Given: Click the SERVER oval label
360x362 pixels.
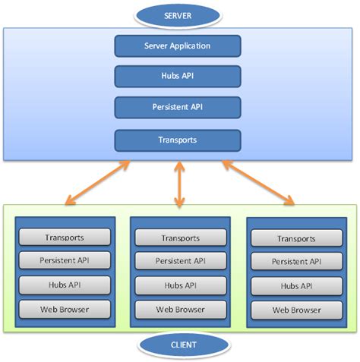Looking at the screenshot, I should click(178, 14).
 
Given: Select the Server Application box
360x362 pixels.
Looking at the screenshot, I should click(178, 46).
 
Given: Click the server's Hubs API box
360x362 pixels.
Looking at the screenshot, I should click(178, 76).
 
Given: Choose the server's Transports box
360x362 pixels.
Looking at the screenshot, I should click(178, 140).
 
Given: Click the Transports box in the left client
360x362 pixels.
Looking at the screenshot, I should click(65, 237).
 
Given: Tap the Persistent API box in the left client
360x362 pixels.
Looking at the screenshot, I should click(65, 260).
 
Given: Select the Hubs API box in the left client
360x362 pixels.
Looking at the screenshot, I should click(65, 285).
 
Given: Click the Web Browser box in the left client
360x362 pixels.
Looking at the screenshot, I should click(65, 309).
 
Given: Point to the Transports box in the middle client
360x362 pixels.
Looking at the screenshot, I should click(180, 238).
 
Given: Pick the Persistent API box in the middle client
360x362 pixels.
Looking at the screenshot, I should click(180, 261).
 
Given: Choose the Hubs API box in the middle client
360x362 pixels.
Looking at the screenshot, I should click(180, 285).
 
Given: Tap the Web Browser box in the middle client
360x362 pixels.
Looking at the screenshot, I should click(180, 310).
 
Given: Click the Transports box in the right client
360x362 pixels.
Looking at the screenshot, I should click(296, 238).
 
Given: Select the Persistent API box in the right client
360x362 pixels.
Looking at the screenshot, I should click(296, 262).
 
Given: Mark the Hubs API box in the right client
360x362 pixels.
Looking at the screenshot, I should click(296, 286).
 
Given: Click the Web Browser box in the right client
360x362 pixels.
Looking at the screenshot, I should click(296, 310).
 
